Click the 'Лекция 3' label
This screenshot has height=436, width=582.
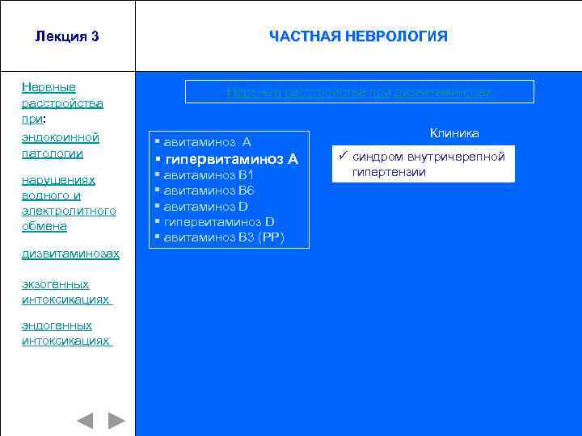coord(67,36)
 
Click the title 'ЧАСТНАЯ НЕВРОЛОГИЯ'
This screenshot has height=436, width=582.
coord(358,36)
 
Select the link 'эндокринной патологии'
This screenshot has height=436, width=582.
coord(61,145)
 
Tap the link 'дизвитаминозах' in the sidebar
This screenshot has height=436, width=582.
coord(71,254)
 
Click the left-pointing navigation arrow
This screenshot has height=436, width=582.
coord(85,420)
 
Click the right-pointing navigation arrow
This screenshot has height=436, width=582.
coord(116,420)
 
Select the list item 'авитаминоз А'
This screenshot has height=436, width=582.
coord(207,142)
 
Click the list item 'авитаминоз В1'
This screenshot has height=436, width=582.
coord(209,174)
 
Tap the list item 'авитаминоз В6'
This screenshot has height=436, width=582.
coord(209,191)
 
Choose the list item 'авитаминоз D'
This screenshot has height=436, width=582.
coord(206,206)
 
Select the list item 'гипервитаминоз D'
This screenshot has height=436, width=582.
coord(219,221)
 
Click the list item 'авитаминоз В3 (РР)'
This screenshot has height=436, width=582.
coord(224,237)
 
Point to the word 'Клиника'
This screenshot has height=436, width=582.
coord(454,132)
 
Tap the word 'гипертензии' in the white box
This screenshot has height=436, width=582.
coord(389,172)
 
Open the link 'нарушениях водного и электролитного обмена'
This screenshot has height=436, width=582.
coord(70,203)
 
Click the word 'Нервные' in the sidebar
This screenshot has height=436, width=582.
coord(49,86)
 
